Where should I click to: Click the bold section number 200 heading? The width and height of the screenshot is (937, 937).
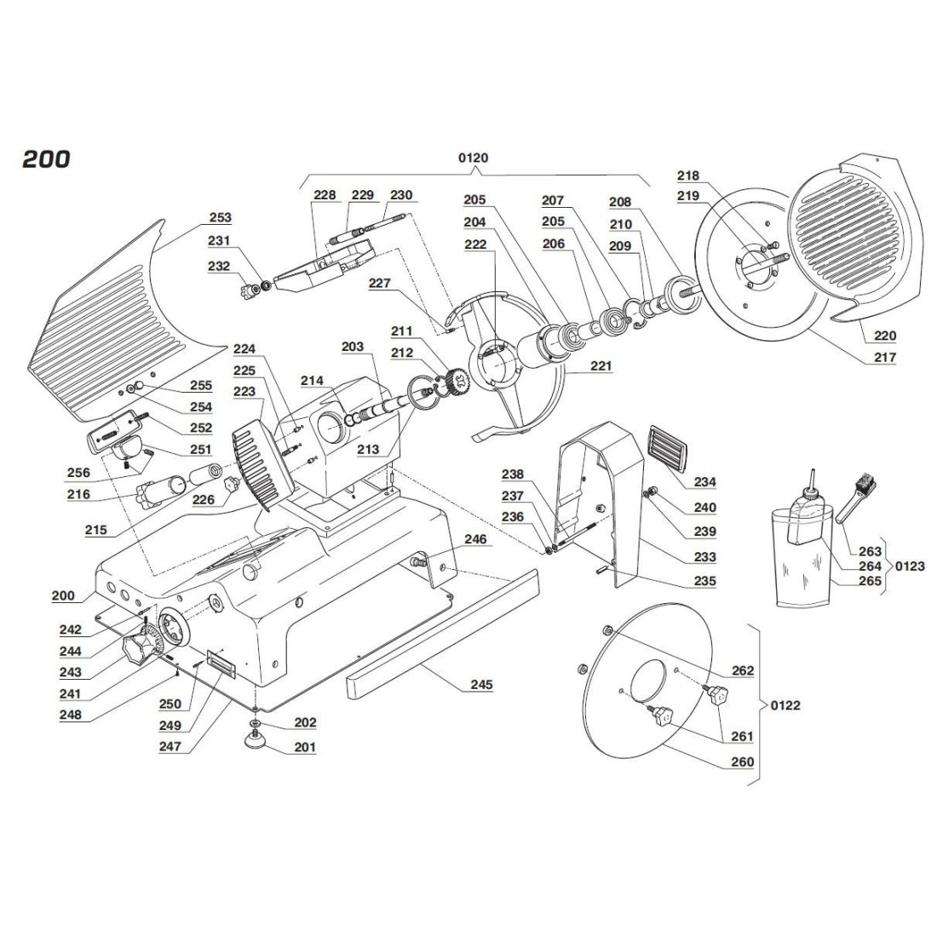[47, 159]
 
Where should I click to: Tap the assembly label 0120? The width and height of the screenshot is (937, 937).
[473, 158]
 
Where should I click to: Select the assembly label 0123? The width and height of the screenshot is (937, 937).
[908, 566]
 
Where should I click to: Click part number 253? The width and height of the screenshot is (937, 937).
[220, 218]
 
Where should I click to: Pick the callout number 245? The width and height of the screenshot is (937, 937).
[481, 684]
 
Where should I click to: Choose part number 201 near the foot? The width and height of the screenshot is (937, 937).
[304, 747]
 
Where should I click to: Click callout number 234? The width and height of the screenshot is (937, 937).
[704, 482]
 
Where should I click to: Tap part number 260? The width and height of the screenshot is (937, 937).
[743, 762]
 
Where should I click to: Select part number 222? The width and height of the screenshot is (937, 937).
[475, 244]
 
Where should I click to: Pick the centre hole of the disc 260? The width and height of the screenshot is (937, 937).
[652, 680]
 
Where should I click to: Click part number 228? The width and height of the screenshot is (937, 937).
[325, 195]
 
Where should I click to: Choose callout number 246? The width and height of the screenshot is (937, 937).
[474, 539]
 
